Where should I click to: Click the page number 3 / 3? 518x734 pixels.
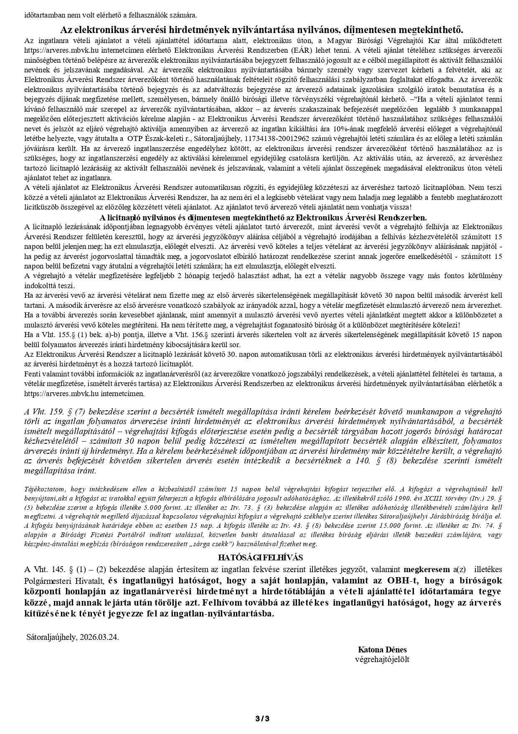pos(262,719)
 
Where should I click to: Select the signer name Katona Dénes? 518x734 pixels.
pos(382,650)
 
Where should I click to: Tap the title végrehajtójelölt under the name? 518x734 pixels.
pos(382,659)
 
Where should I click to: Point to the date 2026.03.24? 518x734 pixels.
pos(99,637)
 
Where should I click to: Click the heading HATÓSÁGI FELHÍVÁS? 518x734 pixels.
pos(260,558)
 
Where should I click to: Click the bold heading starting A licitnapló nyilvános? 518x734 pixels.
pos(263,217)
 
